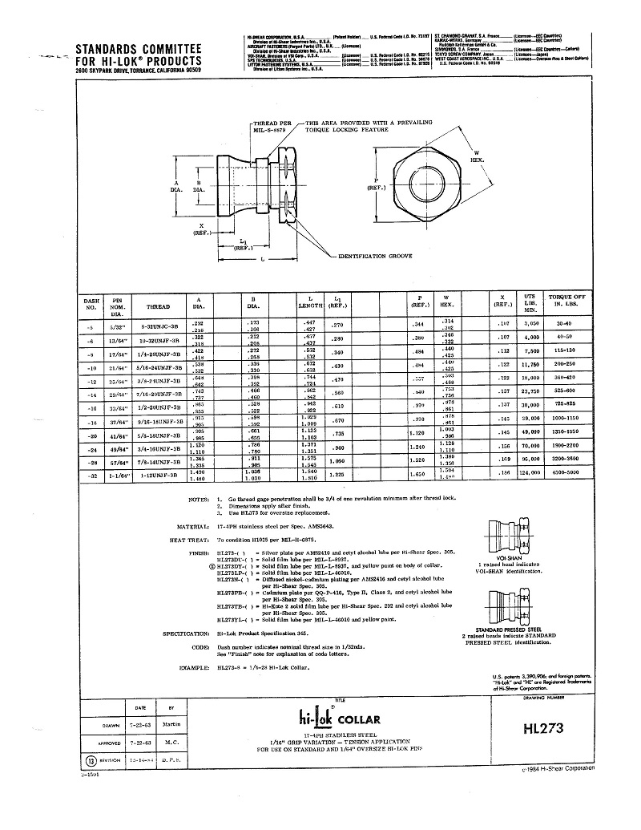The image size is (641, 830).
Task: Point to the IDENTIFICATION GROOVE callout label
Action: point(377,255)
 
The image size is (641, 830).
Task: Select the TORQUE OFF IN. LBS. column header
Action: point(567,300)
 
